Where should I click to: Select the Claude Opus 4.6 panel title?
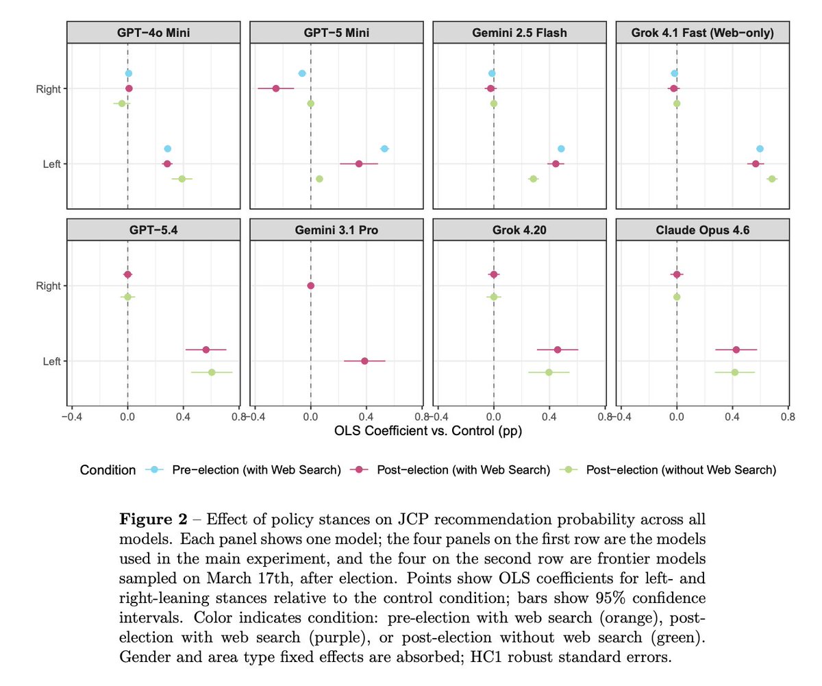[702, 231]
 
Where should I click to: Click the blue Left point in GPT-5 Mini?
[384, 149]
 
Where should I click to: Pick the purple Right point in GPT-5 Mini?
[276, 88]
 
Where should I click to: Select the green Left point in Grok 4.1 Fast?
[772, 179]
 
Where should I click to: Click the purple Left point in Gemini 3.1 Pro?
[364, 361]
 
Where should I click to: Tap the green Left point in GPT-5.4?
[212, 372]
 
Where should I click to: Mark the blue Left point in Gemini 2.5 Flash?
[561, 149]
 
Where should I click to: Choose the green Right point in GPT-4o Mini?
[122, 103]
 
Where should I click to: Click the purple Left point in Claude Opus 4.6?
[736, 350]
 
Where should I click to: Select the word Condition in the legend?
[108, 470]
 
